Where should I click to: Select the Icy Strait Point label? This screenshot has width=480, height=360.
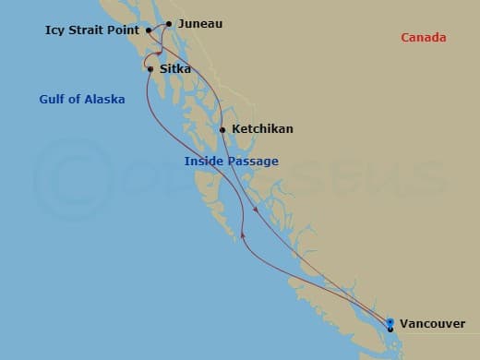pyautogui.click(x=91, y=30)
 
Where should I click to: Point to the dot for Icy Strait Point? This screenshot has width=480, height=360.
pyautogui.click(x=148, y=30)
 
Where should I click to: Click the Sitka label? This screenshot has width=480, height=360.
pyautogui.click(x=175, y=68)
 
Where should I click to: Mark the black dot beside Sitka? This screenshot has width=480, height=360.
pyautogui.click(x=150, y=68)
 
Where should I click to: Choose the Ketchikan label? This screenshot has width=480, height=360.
pyautogui.click(x=262, y=129)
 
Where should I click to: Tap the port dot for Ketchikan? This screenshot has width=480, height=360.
pyautogui.click(x=222, y=129)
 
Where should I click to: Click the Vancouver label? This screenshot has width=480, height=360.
pyautogui.click(x=433, y=324)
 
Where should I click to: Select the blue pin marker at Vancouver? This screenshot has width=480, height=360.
pyautogui.click(x=390, y=323)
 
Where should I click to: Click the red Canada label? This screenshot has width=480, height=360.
pyautogui.click(x=423, y=38)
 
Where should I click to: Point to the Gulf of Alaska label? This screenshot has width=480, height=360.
pyautogui.click(x=82, y=99)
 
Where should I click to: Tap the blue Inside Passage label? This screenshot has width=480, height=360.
pyautogui.click(x=231, y=162)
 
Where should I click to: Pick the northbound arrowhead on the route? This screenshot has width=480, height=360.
pyautogui.click(x=242, y=235)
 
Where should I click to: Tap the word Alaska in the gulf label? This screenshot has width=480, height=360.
pyautogui.click(x=104, y=99)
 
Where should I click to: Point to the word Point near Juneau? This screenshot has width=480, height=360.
pyautogui.click(x=124, y=30)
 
